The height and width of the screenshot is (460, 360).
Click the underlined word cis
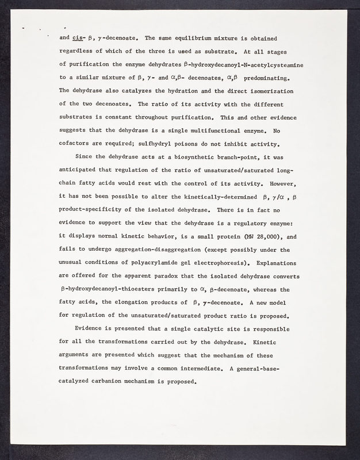pos(79,39)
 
